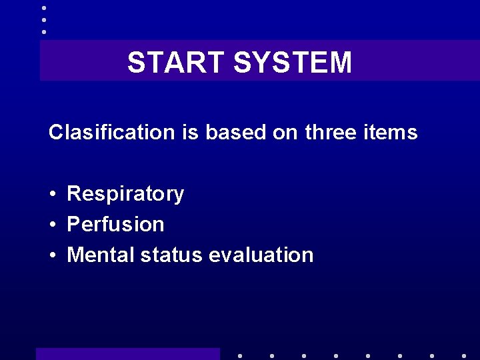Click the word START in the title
point(177,63)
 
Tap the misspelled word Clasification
point(111,132)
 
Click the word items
point(393,132)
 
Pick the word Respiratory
point(125,194)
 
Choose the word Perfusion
point(115,225)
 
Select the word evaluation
point(261,255)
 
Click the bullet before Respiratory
point(52,195)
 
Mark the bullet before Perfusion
point(52,225)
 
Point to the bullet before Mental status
point(52,255)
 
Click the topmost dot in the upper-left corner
point(44,8)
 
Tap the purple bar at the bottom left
point(127,353)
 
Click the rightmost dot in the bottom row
point(464,356)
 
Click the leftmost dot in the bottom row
point(240,356)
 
